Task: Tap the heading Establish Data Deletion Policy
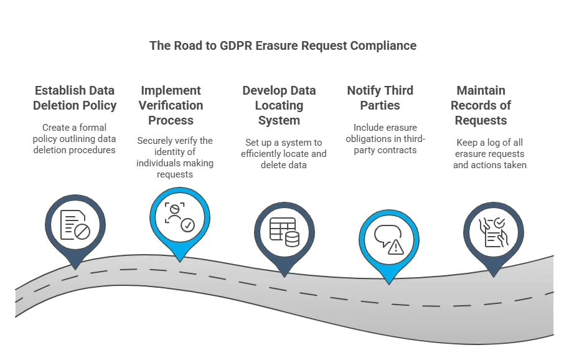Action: (x=75, y=98)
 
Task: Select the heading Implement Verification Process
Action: (x=171, y=105)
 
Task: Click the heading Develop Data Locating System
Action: (x=279, y=105)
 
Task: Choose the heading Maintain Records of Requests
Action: (x=481, y=105)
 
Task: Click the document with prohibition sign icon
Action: (x=75, y=224)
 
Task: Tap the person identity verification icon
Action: (x=180, y=216)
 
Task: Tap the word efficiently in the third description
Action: (x=276, y=153)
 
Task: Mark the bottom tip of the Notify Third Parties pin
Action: (x=389, y=283)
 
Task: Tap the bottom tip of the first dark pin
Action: (x=75, y=268)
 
